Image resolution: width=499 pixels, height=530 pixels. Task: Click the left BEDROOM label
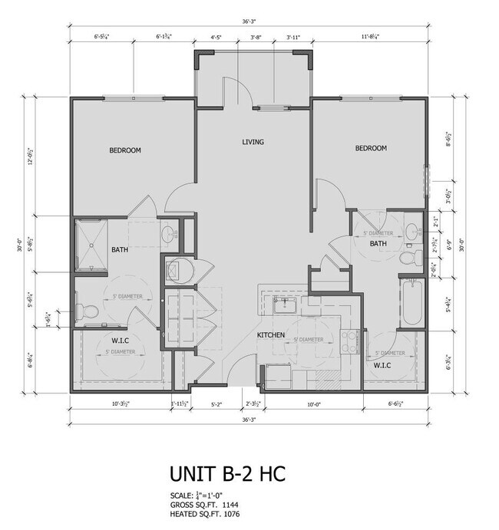124,150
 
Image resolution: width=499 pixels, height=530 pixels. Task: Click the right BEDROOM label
370,148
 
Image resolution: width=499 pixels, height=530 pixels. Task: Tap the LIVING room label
253,142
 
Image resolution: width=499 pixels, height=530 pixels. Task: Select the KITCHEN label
271,335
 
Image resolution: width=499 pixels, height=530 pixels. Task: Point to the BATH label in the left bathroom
120,249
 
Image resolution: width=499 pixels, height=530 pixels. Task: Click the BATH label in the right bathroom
378,243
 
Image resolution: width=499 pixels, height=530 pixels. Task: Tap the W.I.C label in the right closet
383,365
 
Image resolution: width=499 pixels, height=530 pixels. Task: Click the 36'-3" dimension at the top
248,21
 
